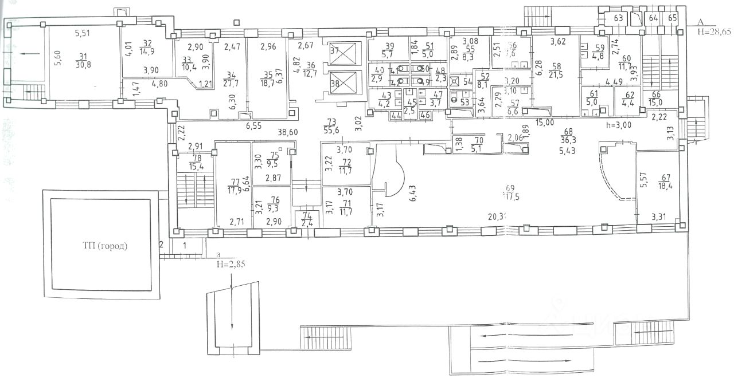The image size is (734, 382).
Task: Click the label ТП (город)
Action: [x=103, y=247]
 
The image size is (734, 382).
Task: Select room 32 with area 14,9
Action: [x=147, y=47]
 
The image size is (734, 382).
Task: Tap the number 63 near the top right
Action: [x=619, y=18]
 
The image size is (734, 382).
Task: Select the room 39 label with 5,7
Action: [x=390, y=50]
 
